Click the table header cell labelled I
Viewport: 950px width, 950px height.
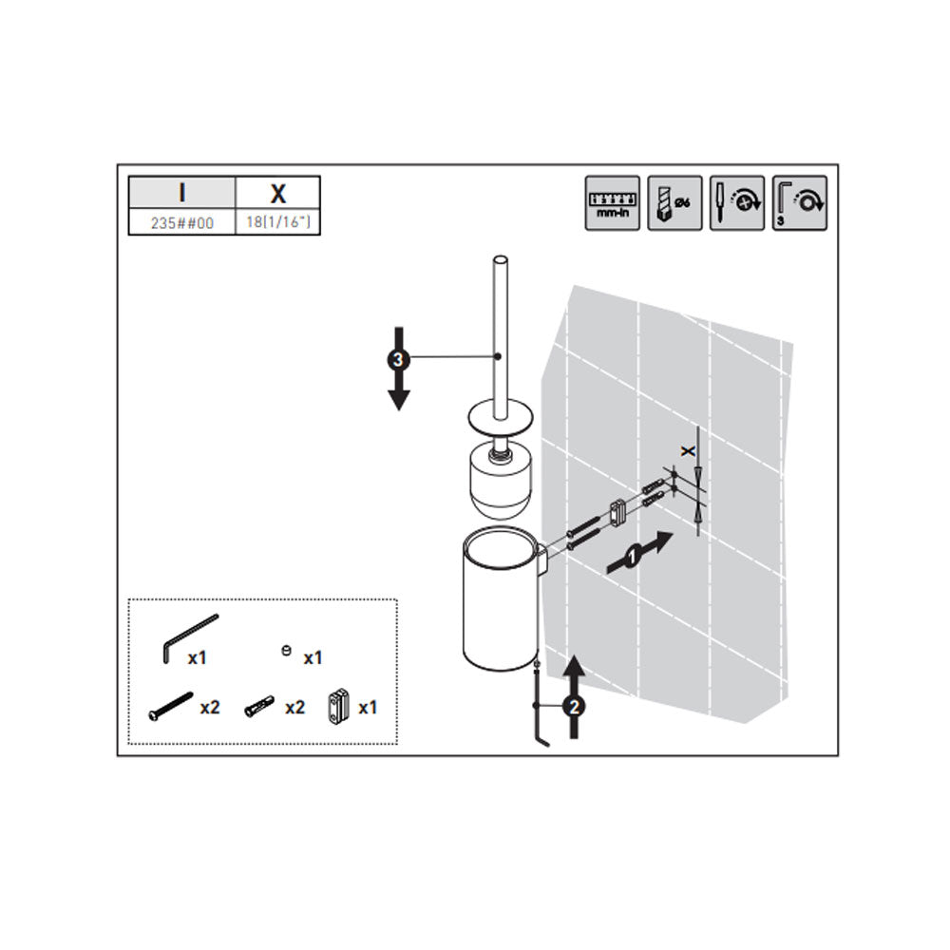pos(181,193)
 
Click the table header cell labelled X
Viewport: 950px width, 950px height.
pos(277,193)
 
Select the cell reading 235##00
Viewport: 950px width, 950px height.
pos(181,222)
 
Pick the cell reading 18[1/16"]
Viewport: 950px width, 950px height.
pos(277,222)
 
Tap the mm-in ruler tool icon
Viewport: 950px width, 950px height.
pos(612,203)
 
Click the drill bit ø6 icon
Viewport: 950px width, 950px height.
pos(674,203)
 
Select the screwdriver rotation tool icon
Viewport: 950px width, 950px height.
pos(737,203)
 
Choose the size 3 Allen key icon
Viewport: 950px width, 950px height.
pos(799,203)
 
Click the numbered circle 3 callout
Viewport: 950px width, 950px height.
pos(398,360)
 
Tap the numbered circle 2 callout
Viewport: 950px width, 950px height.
pos(574,706)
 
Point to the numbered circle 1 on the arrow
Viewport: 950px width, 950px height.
pos(632,556)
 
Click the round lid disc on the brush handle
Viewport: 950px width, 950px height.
pos(501,419)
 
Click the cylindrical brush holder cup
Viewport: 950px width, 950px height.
pos(501,599)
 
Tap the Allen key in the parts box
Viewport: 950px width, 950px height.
pos(190,638)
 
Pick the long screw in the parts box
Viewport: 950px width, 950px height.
pos(170,707)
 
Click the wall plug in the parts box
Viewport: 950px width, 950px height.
pos(259,707)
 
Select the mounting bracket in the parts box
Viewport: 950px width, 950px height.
pos(339,707)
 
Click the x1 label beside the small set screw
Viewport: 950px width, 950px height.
pos(313,658)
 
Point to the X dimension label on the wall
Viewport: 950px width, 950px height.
pos(688,451)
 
